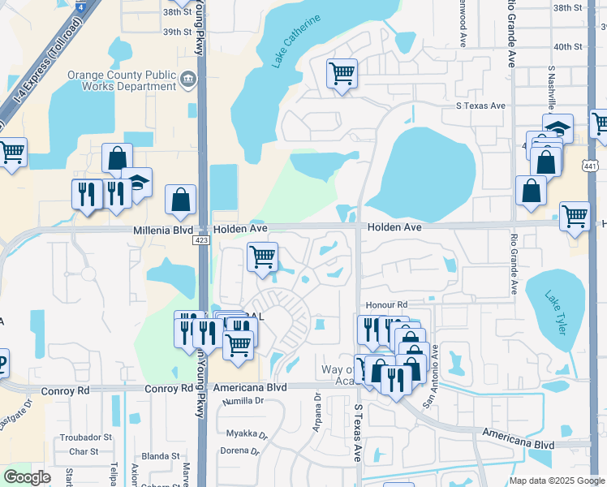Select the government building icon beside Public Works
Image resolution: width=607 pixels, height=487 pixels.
[x=188, y=78]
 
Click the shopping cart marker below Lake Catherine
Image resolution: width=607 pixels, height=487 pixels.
[x=342, y=74]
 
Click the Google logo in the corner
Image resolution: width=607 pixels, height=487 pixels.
[x=28, y=477]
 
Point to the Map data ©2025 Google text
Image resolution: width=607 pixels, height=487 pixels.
[x=557, y=481]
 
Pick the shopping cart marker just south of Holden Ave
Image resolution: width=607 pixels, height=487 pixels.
[x=262, y=257]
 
